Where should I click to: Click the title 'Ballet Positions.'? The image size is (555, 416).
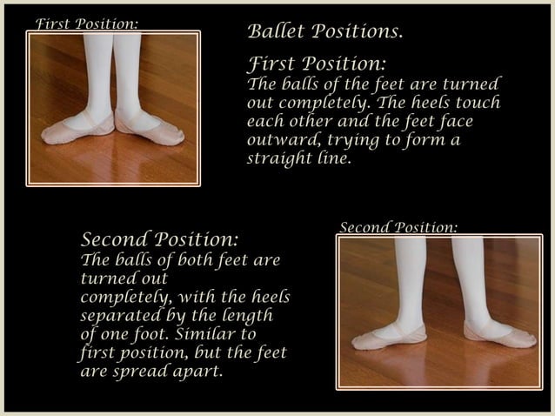[x=325, y=32]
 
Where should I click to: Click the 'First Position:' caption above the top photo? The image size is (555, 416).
[x=86, y=23]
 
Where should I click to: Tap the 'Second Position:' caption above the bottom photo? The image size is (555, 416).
[x=398, y=228]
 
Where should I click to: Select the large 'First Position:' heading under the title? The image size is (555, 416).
[x=317, y=64]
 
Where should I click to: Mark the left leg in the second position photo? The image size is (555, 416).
[x=410, y=278]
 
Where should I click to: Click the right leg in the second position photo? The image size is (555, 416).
[x=470, y=278]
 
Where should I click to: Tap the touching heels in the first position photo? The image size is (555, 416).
[x=114, y=117]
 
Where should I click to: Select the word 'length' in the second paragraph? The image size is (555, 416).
[x=243, y=315]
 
